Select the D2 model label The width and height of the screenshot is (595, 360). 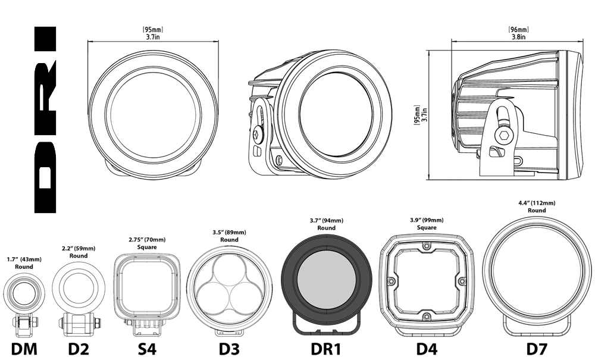pyautogui.click(x=79, y=348)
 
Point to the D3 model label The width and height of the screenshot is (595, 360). pyautogui.click(x=229, y=348)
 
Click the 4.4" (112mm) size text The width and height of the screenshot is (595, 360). pyautogui.click(x=537, y=202)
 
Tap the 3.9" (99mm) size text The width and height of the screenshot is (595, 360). pyautogui.click(x=427, y=220)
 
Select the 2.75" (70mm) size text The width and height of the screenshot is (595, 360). pyautogui.click(x=146, y=239)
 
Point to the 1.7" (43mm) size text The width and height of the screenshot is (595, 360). pyautogui.click(x=24, y=259)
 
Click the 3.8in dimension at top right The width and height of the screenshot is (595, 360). pyautogui.click(x=518, y=36)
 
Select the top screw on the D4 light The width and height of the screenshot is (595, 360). pyautogui.click(x=427, y=246)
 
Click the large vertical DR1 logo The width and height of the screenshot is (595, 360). pyautogui.click(x=46, y=120)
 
